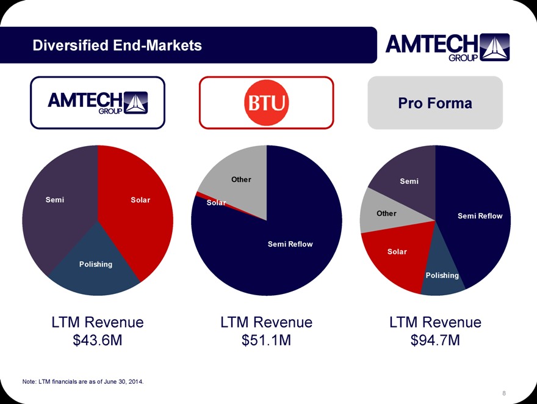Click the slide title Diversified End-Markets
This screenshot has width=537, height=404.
pos(117,45)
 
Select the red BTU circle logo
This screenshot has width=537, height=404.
pos(266,102)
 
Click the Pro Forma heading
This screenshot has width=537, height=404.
pos(434,103)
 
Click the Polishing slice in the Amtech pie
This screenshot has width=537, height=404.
pos(95,265)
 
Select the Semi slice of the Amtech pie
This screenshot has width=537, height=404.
pos(55,200)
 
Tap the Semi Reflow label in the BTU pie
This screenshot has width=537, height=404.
pos(290,244)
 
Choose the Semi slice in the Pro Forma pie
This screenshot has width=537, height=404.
pos(409,181)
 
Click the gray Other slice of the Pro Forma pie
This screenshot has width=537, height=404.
pos(386,213)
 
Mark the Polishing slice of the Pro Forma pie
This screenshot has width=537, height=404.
pos(442,276)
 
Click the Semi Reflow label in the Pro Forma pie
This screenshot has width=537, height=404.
pos(480,216)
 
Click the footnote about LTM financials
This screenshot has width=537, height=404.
pos(83,382)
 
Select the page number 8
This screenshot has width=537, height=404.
pos(503,393)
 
